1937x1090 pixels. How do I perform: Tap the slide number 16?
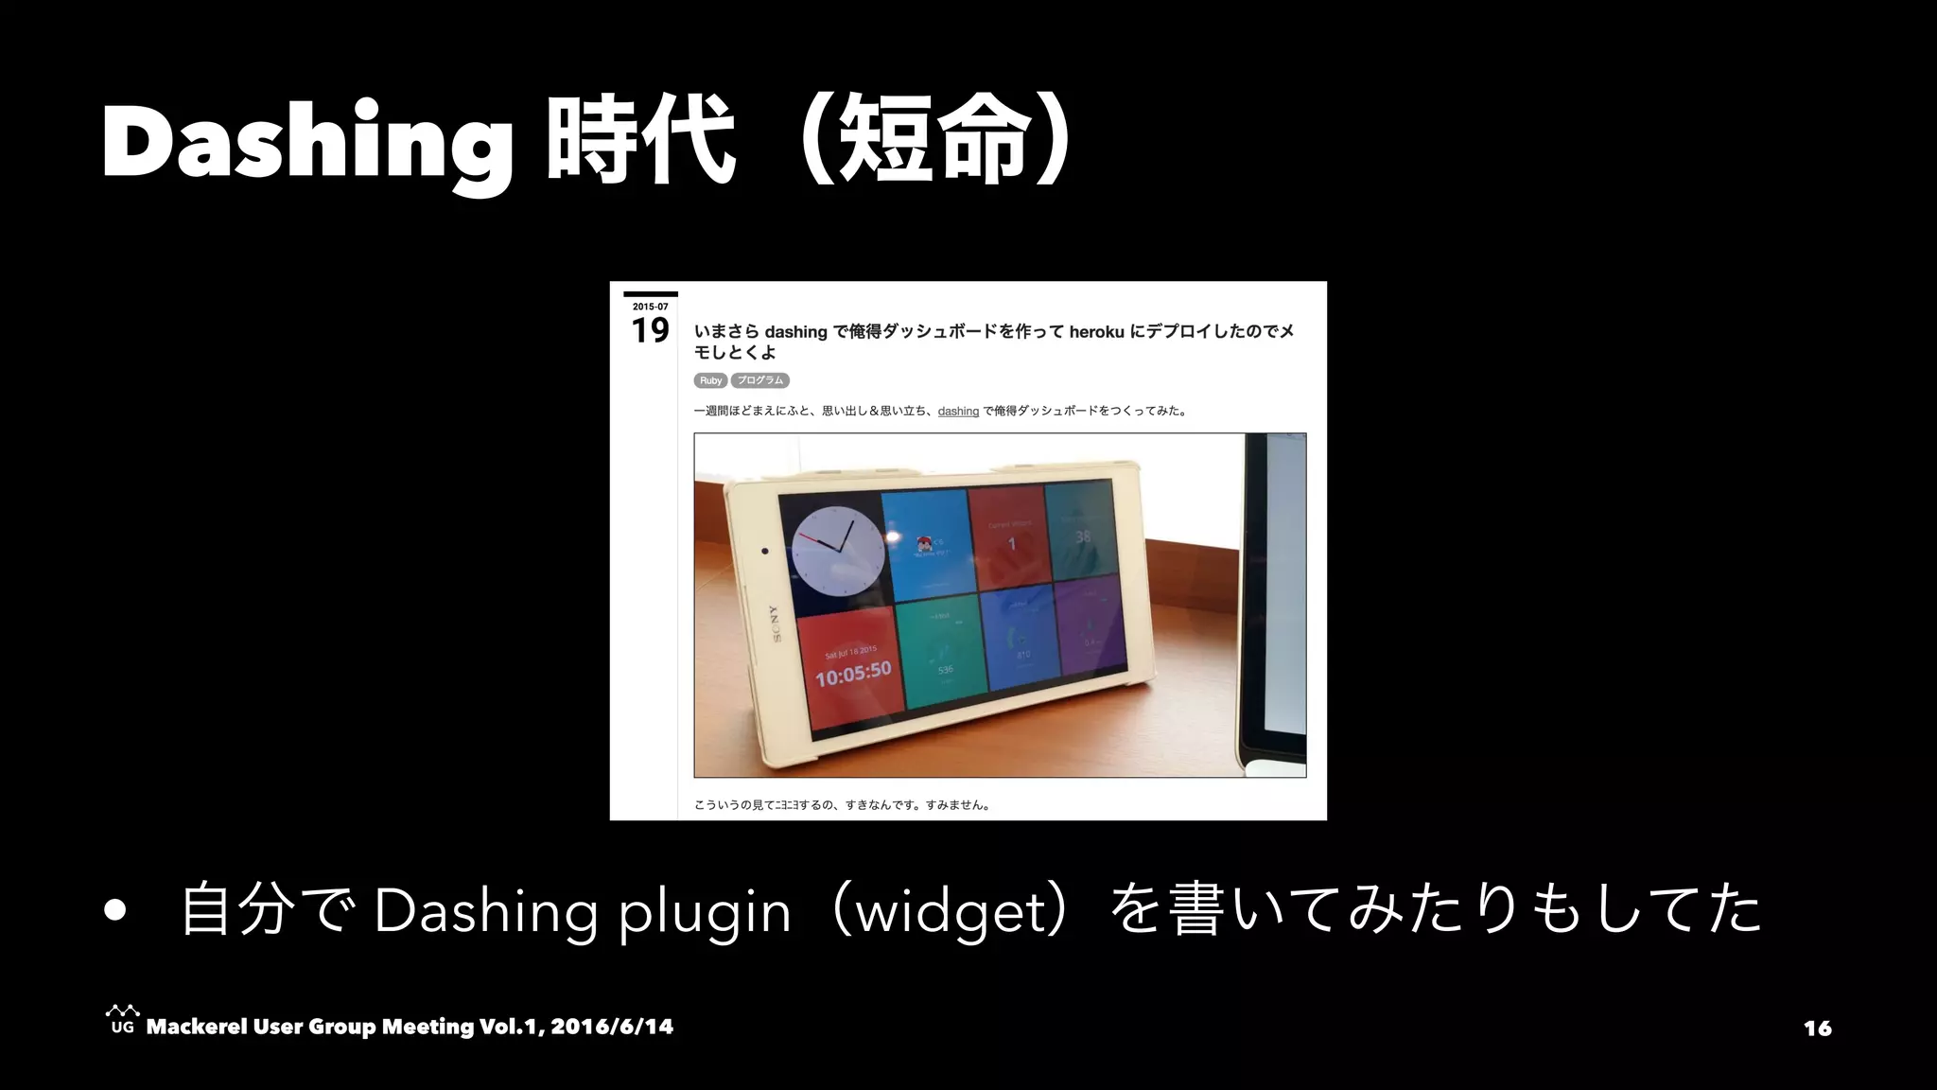(1817, 1028)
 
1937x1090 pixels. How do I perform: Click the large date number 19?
(650, 331)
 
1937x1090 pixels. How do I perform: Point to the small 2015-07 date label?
(650, 307)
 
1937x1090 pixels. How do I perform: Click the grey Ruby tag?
(710, 380)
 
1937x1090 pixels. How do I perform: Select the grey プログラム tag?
(760, 380)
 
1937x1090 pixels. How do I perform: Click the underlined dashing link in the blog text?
(958, 411)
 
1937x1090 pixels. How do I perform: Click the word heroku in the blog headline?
(1096, 331)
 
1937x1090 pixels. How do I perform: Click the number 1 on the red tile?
(1011, 544)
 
